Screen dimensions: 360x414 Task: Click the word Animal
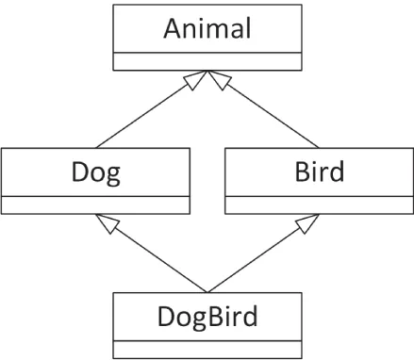point(207,28)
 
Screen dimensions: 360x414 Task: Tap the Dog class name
point(96,172)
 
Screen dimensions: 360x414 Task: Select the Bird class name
point(319,172)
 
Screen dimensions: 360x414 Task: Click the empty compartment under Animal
point(207,62)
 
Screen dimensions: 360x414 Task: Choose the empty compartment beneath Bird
point(319,205)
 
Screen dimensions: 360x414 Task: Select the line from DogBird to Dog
point(156,256)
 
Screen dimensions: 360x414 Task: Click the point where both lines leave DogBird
point(207,291)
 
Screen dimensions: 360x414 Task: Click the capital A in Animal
point(173,28)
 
